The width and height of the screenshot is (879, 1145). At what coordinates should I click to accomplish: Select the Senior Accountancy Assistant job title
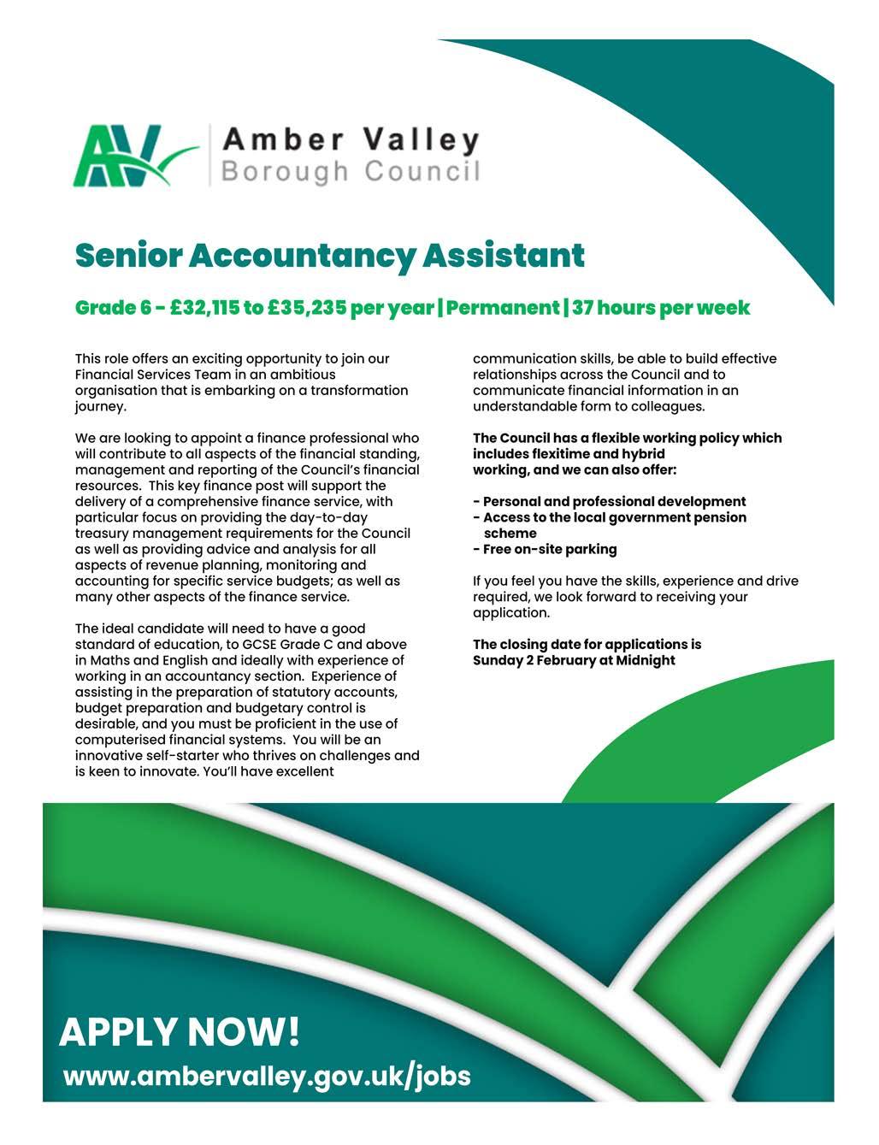(330, 255)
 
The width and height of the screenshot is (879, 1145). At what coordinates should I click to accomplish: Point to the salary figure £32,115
(203, 307)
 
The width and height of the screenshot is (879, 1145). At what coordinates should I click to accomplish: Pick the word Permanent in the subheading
(502, 307)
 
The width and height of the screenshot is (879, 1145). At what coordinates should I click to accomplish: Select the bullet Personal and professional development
(614, 502)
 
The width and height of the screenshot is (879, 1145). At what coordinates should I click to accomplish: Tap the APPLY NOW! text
(180, 1032)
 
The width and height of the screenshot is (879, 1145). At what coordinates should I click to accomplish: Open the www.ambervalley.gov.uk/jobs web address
(267, 1075)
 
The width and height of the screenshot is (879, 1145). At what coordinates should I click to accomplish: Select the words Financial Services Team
(150, 375)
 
